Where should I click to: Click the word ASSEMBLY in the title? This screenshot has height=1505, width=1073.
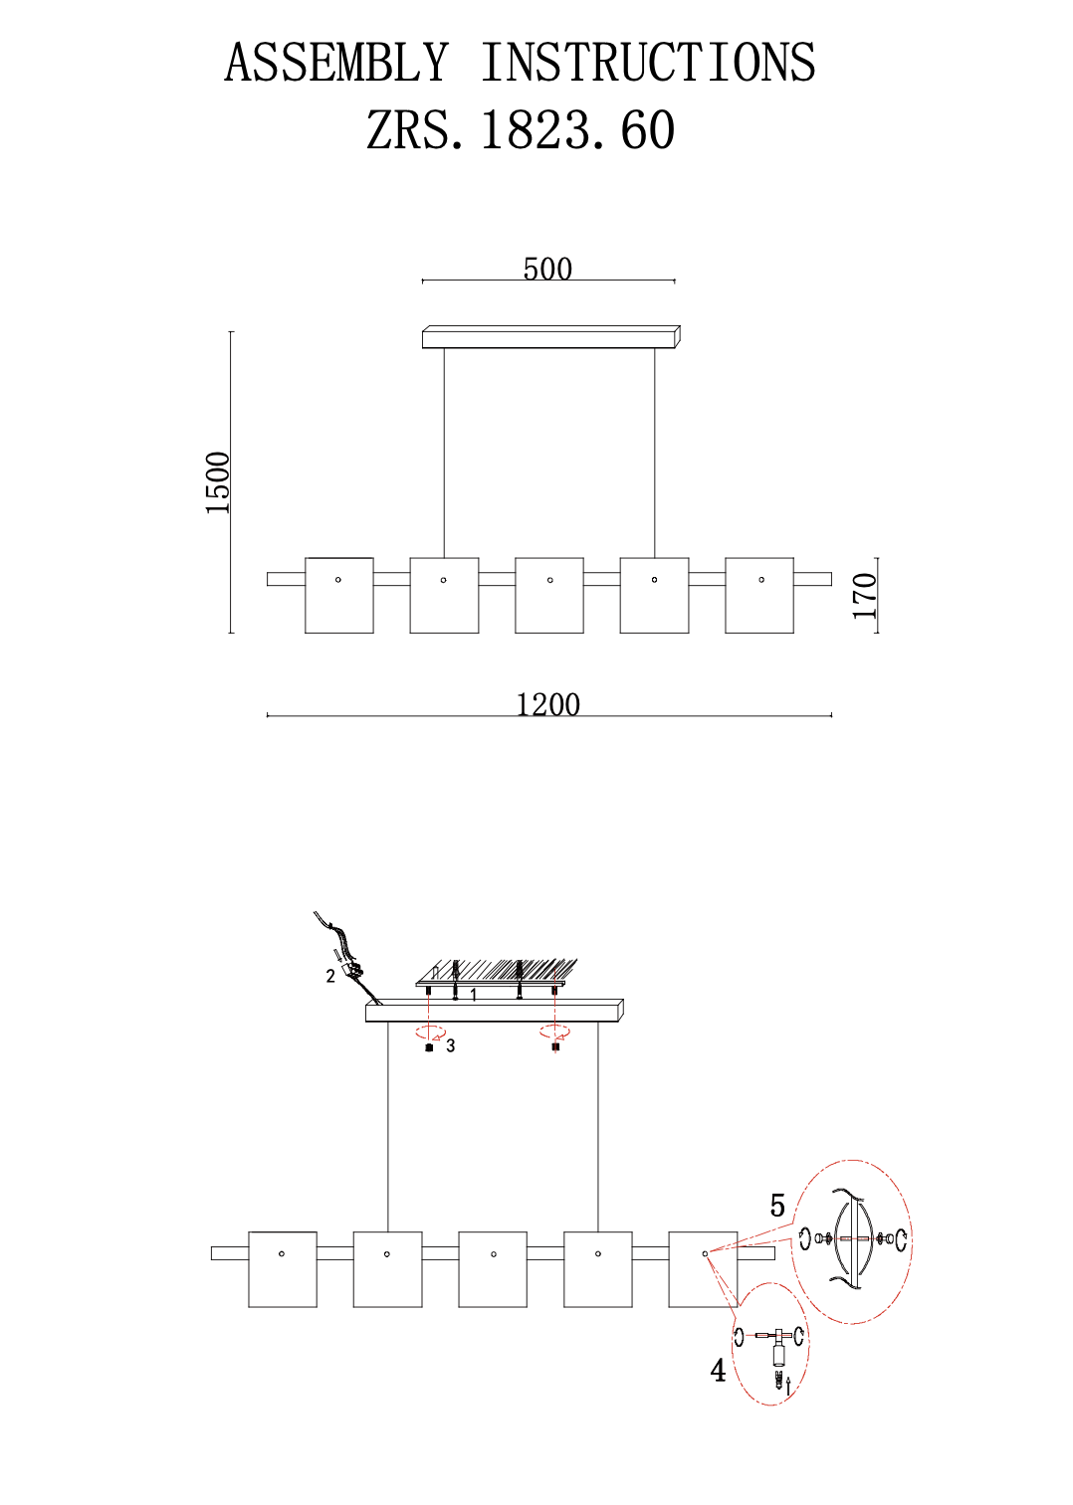pyautogui.click(x=336, y=63)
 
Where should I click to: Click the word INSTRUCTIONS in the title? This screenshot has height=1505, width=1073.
pyautogui.click(x=649, y=63)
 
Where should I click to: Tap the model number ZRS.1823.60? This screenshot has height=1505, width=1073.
pyautogui.click(x=521, y=129)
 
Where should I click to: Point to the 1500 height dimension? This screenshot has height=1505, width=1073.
pyautogui.click(x=218, y=483)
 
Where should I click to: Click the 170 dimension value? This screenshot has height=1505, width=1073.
pyautogui.click(x=865, y=596)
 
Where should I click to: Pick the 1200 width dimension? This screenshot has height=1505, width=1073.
pyautogui.click(x=547, y=705)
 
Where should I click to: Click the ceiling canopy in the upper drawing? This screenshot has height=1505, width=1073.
pyautogui.click(x=551, y=336)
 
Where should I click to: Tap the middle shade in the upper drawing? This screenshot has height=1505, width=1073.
pyautogui.click(x=549, y=595)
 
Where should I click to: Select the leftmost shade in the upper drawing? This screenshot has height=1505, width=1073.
pyautogui.click(x=339, y=595)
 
